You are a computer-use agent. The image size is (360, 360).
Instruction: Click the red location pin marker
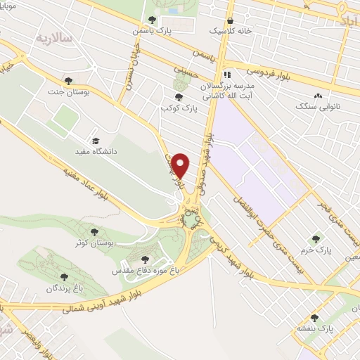(181, 165)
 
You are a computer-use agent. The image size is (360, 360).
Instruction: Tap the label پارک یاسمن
(153, 31)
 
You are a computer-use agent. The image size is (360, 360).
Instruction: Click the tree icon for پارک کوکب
(179, 98)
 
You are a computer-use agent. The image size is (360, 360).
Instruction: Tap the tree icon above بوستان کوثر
(94, 231)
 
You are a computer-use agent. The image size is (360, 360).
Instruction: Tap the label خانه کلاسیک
(231, 32)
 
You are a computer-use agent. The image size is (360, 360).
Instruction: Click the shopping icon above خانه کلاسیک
(231, 20)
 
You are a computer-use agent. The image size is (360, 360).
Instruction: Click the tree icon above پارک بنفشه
(325, 317)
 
